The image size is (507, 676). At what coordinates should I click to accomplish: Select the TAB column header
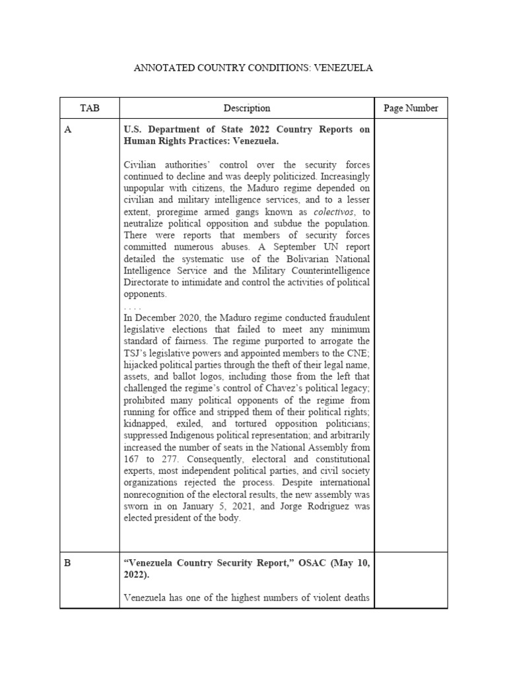[x=89, y=108]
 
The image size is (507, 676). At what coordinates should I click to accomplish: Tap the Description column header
[x=246, y=108]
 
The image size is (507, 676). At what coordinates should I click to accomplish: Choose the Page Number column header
[x=411, y=108]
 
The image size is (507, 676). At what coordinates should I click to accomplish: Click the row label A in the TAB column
[x=67, y=130]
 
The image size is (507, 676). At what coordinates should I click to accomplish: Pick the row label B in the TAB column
[x=67, y=562]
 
